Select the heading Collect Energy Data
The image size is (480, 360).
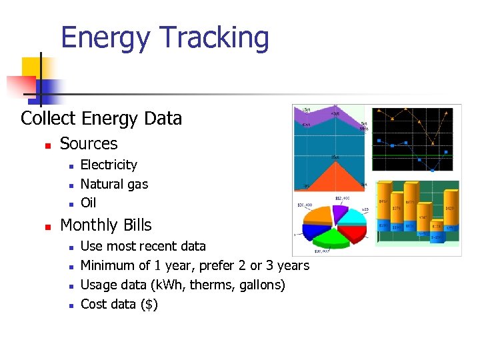[x=101, y=119]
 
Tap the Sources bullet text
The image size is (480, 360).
[x=89, y=143]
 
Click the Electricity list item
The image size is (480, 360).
[x=109, y=165]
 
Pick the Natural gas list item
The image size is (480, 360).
[x=114, y=183]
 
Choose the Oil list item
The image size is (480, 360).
[x=88, y=202]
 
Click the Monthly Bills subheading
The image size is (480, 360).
[x=106, y=225]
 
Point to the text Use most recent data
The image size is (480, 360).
[x=143, y=246]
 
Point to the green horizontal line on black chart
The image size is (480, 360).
[x=413, y=156]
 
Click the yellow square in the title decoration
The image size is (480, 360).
[x=32, y=67]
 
